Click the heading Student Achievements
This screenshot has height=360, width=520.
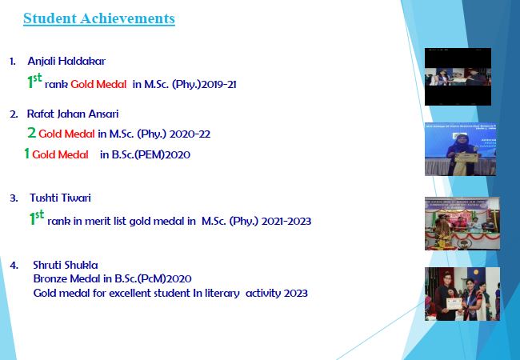coord(99,18)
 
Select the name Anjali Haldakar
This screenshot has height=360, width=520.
coord(66,62)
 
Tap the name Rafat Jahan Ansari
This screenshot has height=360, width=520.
coord(73,114)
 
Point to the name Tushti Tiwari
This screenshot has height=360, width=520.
coord(60,198)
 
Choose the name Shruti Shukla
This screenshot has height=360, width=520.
coord(66,265)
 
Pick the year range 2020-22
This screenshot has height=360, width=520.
coord(190,134)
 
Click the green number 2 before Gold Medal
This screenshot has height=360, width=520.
coord(31,133)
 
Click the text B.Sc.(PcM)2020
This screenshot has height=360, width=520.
coord(154,278)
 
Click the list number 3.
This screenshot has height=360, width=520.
coord(14,198)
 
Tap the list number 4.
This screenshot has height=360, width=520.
coord(14,266)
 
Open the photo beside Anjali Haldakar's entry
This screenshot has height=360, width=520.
coord(458,77)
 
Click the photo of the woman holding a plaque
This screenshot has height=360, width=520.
coord(461,149)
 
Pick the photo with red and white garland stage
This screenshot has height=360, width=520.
coord(462,223)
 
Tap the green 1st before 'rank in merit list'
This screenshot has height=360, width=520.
coord(37,218)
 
